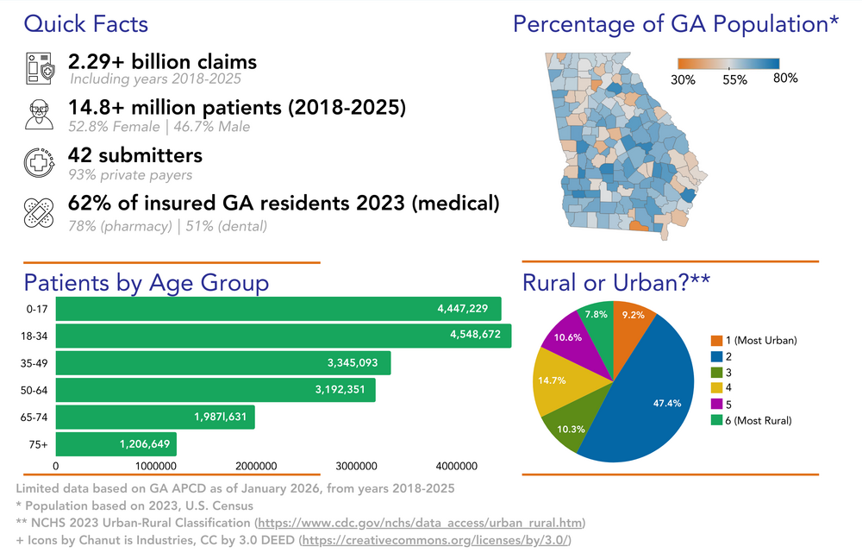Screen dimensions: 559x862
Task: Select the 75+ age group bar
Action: (x=116, y=444)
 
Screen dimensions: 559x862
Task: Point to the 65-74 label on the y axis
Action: (x=34, y=418)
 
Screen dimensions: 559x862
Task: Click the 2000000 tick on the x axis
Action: (x=256, y=466)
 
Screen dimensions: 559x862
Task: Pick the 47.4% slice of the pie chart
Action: (x=646, y=397)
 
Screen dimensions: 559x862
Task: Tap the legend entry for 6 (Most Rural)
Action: (x=751, y=420)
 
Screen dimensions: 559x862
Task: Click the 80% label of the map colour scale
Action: (x=785, y=79)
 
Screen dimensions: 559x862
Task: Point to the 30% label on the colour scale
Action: (x=683, y=79)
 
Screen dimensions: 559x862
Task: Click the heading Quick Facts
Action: (x=85, y=24)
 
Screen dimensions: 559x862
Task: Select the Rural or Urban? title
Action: (x=615, y=283)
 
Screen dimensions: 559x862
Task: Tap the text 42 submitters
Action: (x=135, y=155)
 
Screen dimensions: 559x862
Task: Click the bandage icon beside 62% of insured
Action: (x=39, y=212)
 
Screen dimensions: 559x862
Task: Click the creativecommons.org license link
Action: (x=434, y=540)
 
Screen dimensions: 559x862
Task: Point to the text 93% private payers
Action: (x=130, y=175)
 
